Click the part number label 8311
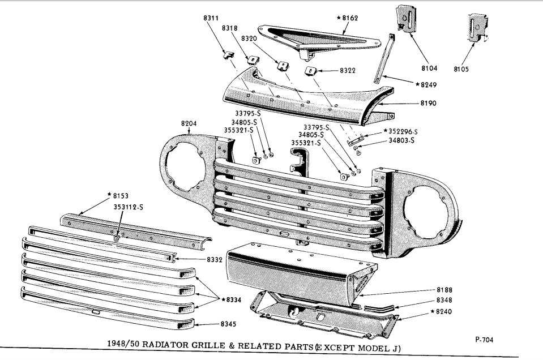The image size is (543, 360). [x=211, y=18]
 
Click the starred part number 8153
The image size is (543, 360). [x=117, y=196]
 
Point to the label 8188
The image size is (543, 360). [x=444, y=290]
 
